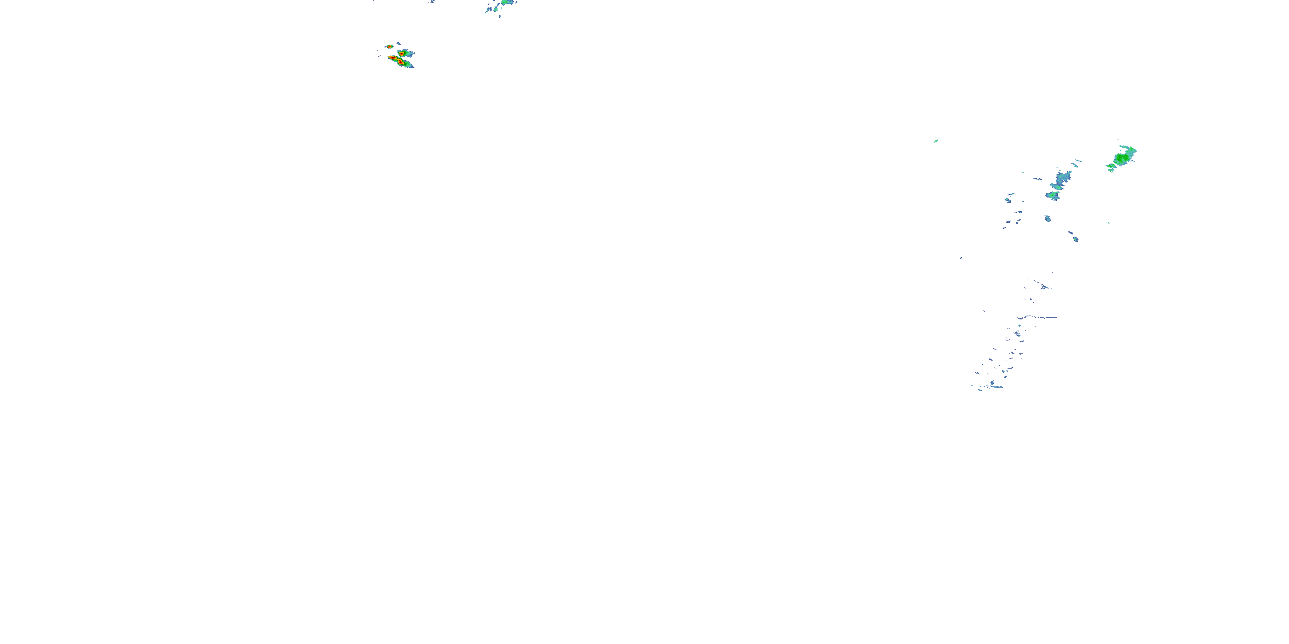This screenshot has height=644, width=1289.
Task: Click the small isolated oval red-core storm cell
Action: point(389,46)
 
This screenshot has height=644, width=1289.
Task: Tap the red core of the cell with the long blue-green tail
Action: point(401,52)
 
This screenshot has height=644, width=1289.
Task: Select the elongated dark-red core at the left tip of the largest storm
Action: point(392,58)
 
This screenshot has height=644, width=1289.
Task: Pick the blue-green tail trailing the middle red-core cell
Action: point(409,53)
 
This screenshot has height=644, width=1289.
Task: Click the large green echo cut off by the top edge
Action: point(507,2)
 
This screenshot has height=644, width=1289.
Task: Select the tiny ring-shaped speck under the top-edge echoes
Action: point(499,16)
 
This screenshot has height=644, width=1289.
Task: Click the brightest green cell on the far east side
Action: point(1122,158)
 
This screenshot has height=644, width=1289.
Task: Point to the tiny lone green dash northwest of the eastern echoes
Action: point(936,141)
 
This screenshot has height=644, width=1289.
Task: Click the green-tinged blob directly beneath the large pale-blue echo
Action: point(1053,195)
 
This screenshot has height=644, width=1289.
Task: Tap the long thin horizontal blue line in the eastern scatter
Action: point(1039,317)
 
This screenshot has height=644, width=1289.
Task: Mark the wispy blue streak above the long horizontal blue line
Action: point(1043,287)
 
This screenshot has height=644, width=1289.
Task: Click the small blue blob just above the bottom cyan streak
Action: point(992,383)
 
